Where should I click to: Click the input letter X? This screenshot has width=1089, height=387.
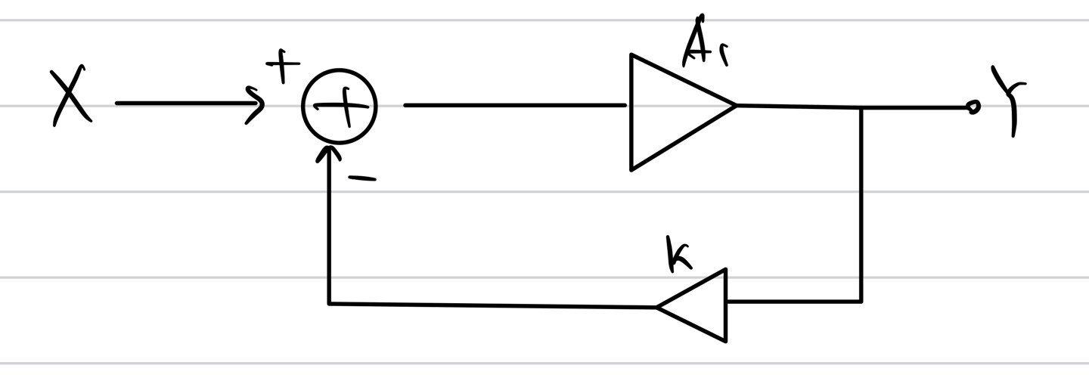pos(71,98)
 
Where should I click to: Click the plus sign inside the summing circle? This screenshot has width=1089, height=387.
pos(342,107)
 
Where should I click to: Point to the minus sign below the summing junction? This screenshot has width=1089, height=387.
pos(361,178)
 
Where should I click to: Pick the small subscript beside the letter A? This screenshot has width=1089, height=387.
pos(724,55)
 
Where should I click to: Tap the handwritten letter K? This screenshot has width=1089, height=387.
pos(678,254)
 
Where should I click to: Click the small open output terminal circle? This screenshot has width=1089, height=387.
pos(973,108)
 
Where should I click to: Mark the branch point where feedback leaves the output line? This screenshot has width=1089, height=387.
pos(861,108)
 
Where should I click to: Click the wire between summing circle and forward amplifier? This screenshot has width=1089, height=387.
pos(514,105)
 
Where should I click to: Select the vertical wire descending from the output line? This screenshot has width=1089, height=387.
pos(861,204)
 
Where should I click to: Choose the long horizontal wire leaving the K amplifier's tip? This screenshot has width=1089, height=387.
pos(492,305)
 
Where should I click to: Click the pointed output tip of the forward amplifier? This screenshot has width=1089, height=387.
pos(734,106)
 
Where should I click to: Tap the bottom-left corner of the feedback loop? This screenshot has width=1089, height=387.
pos(329,303)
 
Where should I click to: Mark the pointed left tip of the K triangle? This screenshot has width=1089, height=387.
pos(658,307)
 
